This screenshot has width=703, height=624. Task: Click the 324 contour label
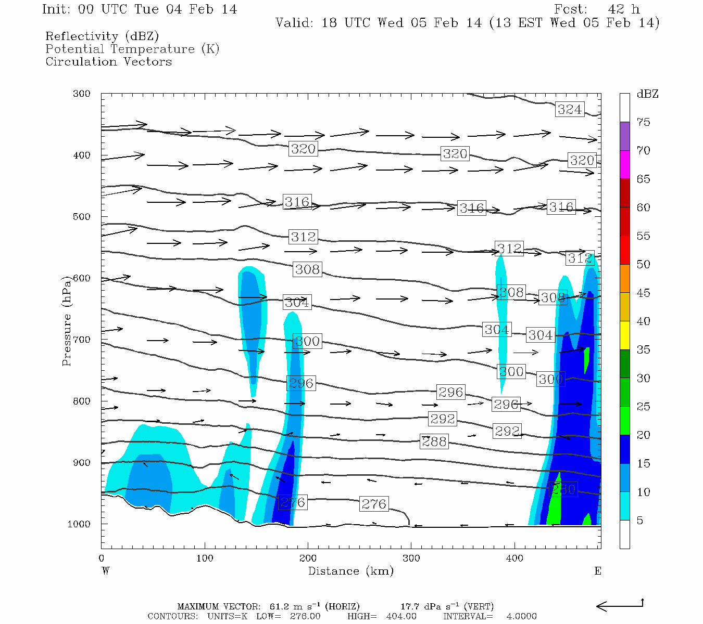pyautogui.click(x=569, y=109)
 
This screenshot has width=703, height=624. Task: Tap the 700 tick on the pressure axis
pyautogui.click(x=81, y=340)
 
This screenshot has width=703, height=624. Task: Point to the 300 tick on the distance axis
pyautogui.click(x=411, y=558)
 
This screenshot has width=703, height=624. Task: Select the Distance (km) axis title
pyautogui.click(x=350, y=571)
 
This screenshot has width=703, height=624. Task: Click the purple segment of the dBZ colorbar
pyautogui.click(x=624, y=136)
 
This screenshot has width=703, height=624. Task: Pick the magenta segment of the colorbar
pyautogui.click(x=624, y=164)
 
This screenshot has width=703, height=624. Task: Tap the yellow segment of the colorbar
pyautogui.click(x=624, y=335)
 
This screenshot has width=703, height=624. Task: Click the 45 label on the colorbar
pyautogui.click(x=643, y=293)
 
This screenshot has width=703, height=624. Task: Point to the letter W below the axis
pyautogui.click(x=106, y=571)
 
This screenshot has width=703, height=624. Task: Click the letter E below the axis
pyautogui.click(x=598, y=571)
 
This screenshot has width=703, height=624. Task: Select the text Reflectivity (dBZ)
pyautogui.click(x=102, y=36)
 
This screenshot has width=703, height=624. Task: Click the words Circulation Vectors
pyautogui.click(x=108, y=61)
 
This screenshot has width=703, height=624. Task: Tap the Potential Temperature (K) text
pyautogui.click(x=132, y=49)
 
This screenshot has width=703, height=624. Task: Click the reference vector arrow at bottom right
pyautogui.click(x=620, y=605)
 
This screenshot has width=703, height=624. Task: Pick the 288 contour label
pyautogui.click(x=434, y=441)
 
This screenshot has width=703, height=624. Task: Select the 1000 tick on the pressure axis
pyautogui.click(x=79, y=524)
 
